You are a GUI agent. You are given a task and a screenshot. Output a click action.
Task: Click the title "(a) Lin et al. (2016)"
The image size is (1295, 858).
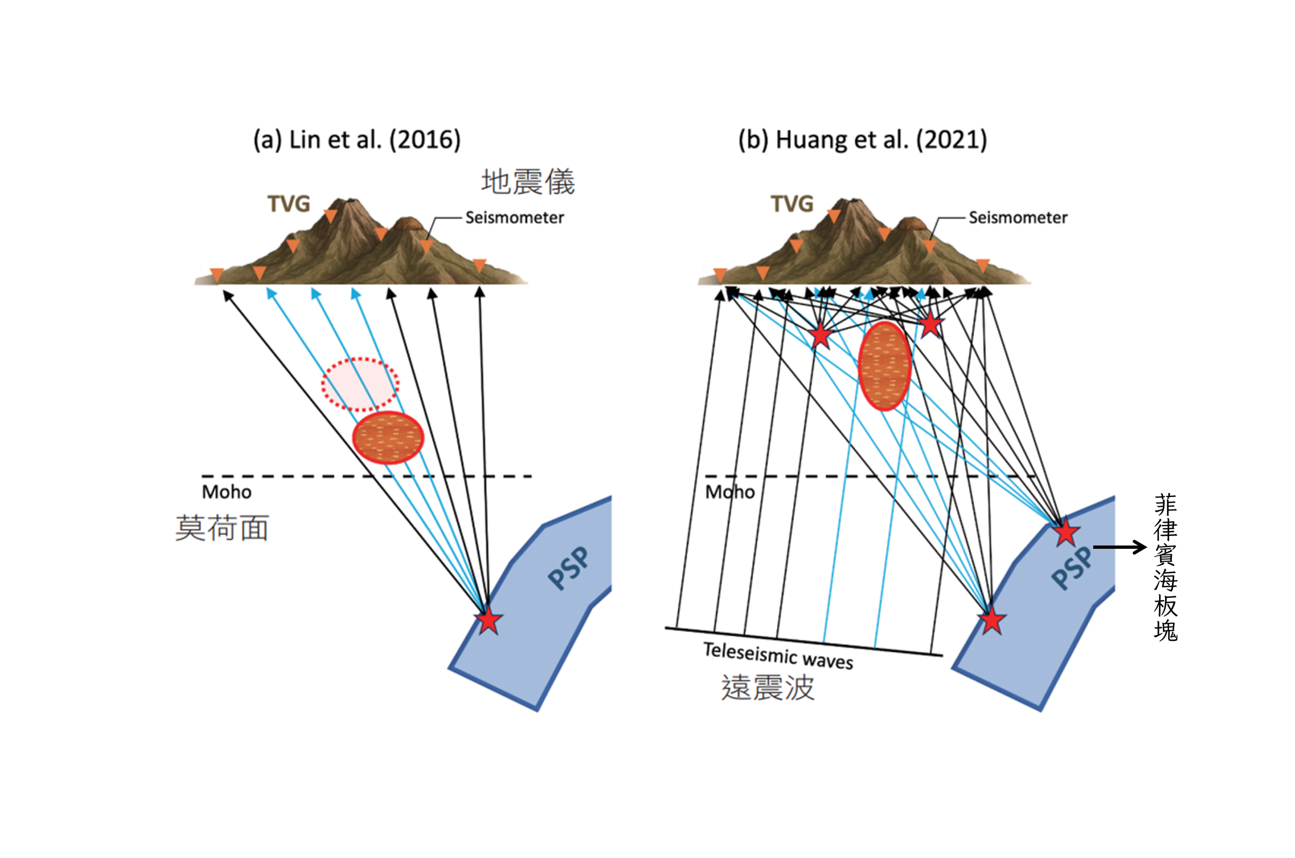click(357, 140)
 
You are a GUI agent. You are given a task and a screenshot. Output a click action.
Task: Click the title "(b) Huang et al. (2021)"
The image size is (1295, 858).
click(862, 140)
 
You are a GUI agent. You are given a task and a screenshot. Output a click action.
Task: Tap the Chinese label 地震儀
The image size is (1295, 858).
click(528, 182)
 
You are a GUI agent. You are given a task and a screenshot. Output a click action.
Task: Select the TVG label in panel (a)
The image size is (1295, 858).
click(288, 204)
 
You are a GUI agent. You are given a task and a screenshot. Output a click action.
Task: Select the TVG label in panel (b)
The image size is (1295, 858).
click(792, 204)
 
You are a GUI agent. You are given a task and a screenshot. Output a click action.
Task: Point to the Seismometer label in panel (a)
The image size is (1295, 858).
click(514, 218)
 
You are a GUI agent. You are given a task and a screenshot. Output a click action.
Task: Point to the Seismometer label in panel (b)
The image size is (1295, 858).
click(1018, 218)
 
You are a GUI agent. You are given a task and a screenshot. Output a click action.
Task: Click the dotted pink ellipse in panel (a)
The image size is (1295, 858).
click(359, 384)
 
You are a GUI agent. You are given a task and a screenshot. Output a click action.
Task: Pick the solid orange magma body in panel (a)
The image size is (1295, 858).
click(388, 437)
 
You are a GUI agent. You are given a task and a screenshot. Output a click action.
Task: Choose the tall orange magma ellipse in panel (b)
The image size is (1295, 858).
click(884, 365)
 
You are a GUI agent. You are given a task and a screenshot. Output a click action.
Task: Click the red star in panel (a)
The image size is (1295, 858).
click(488, 621)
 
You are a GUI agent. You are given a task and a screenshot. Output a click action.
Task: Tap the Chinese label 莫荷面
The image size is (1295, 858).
click(222, 528)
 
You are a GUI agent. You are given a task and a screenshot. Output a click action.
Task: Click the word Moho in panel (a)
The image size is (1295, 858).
click(227, 492)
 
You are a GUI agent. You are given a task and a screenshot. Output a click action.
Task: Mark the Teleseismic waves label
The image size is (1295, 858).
click(778, 656)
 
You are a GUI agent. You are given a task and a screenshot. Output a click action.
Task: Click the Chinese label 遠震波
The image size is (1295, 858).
click(768, 688)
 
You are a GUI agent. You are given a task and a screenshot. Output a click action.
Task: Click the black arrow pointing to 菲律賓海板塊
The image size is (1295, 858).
click(1120, 547)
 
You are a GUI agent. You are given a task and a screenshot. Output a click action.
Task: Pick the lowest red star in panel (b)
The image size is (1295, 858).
click(991, 621)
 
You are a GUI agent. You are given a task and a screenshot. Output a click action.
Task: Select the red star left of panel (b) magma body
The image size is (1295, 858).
click(820, 335)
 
